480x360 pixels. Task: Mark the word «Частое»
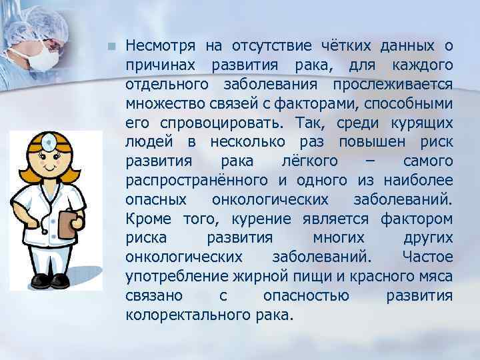click(427, 258)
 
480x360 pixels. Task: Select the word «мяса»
click(434, 277)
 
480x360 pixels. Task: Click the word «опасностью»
click(303, 296)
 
